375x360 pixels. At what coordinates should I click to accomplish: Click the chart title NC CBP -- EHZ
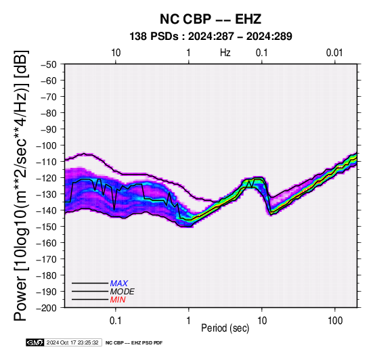tap(211, 19)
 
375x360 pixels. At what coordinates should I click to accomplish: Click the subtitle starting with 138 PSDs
tap(211, 37)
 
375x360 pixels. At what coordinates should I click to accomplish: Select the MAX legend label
tap(119, 284)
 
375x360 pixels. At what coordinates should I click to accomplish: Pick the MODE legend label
tap(123, 292)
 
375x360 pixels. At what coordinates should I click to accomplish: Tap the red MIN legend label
tap(118, 300)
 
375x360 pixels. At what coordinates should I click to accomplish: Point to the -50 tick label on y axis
tap(49, 64)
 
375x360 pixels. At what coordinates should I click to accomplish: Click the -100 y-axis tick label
tap(47, 145)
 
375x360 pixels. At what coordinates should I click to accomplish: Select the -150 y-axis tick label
tap(47, 227)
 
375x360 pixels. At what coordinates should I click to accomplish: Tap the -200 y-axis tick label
tap(47, 308)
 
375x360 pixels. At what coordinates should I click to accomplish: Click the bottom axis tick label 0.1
tap(116, 321)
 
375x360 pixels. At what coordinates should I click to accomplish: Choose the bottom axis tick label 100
tap(335, 321)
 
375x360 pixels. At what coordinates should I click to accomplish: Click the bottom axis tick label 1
tap(188, 321)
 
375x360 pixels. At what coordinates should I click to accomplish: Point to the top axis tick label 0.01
tap(334, 53)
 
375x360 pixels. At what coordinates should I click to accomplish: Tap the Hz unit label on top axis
tap(225, 53)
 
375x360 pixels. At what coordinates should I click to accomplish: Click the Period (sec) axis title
tap(225, 328)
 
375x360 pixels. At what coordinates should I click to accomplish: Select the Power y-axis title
tap(21, 185)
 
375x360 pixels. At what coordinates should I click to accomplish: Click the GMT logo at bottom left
tap(35, 342)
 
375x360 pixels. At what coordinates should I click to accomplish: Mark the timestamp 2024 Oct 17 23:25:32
tap(72, 342)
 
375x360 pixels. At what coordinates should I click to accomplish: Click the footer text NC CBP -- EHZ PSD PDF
tap(134, 343)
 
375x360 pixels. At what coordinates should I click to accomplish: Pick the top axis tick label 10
tap(116, 53)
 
